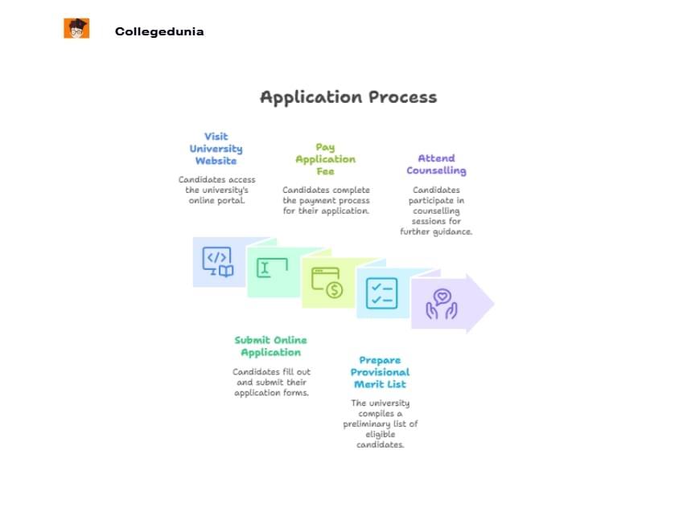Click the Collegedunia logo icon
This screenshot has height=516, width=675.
[76, 28]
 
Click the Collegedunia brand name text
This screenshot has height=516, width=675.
[159, 32]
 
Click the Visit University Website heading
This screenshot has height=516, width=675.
[216, 149]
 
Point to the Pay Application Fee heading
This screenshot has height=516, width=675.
[325, 159]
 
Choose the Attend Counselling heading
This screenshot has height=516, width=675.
[436, 165]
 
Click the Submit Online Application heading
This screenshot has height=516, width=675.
[270, 346]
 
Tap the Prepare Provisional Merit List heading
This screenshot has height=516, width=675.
[380, 372]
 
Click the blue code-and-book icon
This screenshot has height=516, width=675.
[217, 261]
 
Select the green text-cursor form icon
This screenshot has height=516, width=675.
[273, 268]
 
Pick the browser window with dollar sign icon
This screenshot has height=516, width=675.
[327, 282]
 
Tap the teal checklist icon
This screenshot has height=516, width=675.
[381, 293]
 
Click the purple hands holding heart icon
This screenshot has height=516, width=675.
[441, 305]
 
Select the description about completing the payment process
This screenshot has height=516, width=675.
[326, 200]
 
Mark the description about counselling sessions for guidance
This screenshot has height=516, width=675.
[436, 211]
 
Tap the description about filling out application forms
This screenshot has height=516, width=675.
[271, 382]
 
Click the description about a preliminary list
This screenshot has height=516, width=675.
[380, 424]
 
